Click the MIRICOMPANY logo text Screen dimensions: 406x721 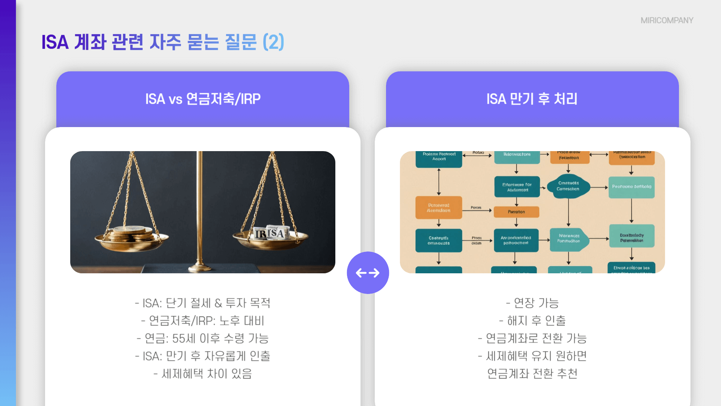point(667,21)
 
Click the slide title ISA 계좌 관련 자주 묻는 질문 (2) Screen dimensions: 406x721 point(163,42)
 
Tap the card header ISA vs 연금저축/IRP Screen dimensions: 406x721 point(203,99)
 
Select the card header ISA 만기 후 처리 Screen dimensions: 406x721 point(532,99)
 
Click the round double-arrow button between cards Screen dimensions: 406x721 point(368,273)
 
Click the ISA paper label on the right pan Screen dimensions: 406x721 point(271,233)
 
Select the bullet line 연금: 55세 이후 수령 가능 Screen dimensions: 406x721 point(203,338)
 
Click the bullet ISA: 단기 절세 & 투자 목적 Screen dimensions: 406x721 point(203,303)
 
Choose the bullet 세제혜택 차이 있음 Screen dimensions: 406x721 point(203,374)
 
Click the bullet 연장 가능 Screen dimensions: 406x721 point(532,303)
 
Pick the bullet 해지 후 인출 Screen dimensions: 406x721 point(532,321)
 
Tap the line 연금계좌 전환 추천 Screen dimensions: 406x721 point(532,374)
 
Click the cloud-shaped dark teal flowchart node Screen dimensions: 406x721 point(568,186)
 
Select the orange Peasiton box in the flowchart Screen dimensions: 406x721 point(516,212)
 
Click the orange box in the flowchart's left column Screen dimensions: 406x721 point(439,208)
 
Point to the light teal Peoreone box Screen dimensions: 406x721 point(632,187)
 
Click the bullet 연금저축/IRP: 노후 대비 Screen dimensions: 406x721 point(203,321)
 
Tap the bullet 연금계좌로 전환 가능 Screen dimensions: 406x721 point(532,338)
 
